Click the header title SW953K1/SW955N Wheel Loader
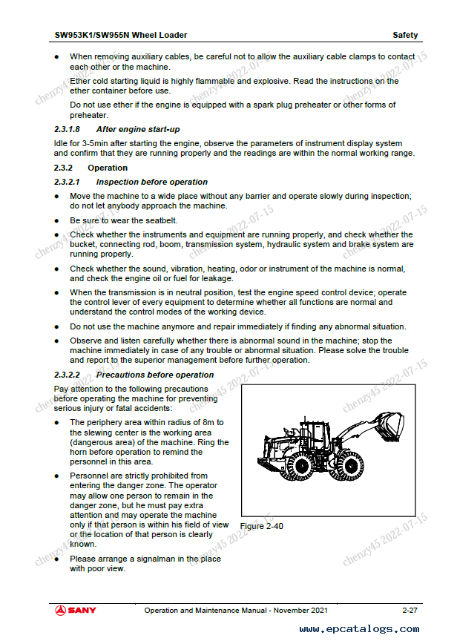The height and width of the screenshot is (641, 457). pyautogui.click(x=121, y=35)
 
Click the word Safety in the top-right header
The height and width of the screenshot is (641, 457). pyautogui.click(x=405, y=35)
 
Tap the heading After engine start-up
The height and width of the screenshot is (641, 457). pyautogui.click(x=138, y=129)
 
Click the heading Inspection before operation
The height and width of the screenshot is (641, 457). pyautogui.click(x=152, y=182)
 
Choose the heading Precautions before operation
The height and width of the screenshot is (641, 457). pyautogui.click(x=155, y=375)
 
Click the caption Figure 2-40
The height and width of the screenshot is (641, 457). pyautogui.click(x=262, y=526)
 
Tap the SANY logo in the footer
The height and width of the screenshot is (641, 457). pyautogui.click(x=75, y=610)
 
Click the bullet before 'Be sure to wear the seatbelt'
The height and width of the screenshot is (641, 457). pyautogui.click(x=57, y=221)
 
